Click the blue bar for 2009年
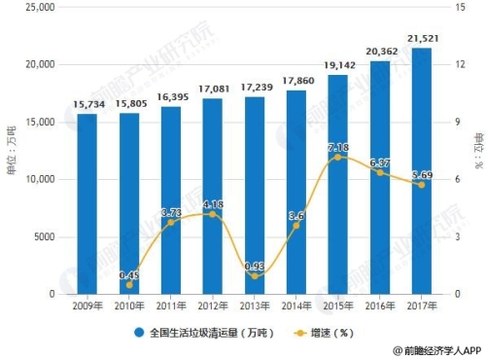tap(87, 204)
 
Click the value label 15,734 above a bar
tap(87, 105)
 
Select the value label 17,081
tap(212, 90)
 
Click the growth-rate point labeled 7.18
tap(337, 157)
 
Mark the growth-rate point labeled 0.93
tap(254, 276)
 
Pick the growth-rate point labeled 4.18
tap(212, 214)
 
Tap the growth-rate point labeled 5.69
tap(420, 185)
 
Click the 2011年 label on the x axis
tap(171, 306)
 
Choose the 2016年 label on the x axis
tap(379, 306)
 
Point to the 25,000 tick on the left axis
tap(39, 7)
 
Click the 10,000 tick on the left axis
tap(39, 180)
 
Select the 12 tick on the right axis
tap(452, 64)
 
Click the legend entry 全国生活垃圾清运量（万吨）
tap(199, 331)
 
